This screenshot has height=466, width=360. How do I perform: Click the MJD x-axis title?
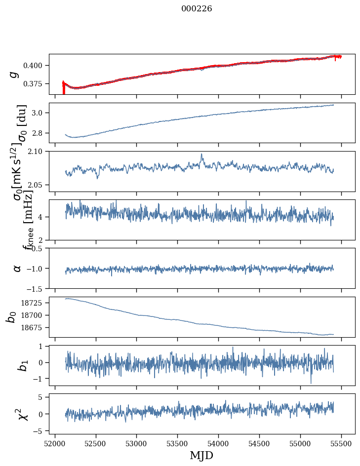(x=201, y=455)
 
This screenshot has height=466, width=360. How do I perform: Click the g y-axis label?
(x=14, y=74)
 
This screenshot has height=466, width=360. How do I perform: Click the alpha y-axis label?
(x=17, y=268)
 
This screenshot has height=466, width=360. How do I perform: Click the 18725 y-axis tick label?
(x=35, y=303)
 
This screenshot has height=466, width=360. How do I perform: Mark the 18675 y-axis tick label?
(x=35, y=328)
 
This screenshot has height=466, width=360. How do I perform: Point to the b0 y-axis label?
(x=11, y=316)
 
